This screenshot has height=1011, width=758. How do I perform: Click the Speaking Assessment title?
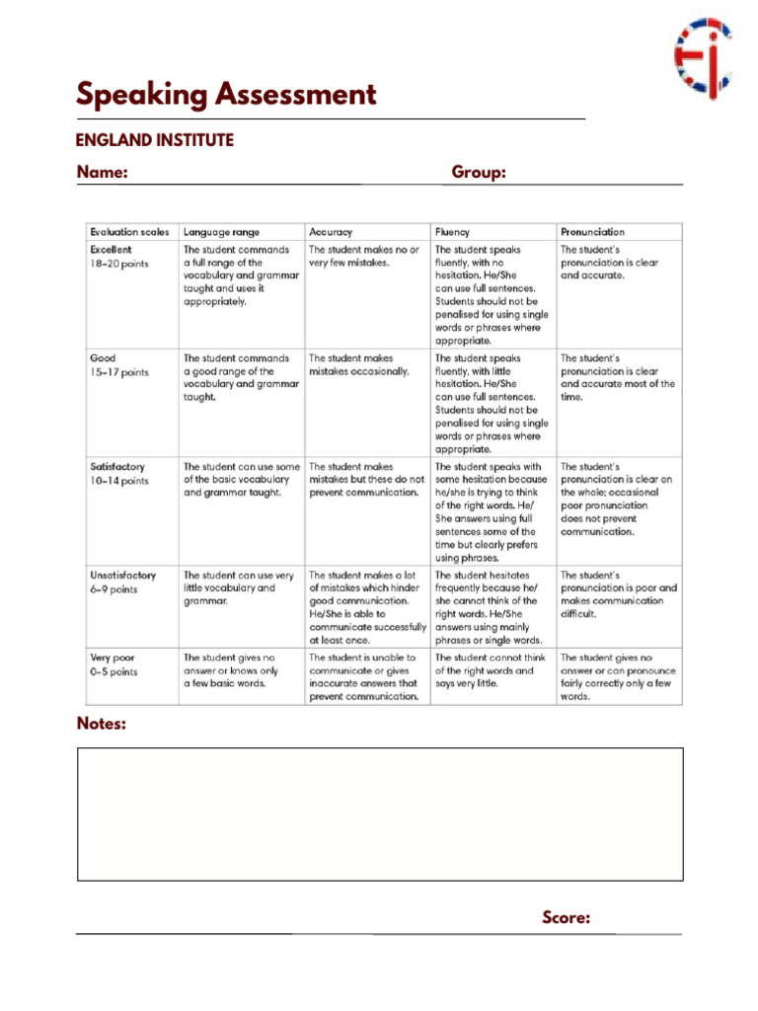226,96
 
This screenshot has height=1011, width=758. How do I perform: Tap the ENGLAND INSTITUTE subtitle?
155,140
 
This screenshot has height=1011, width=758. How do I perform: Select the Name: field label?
103,173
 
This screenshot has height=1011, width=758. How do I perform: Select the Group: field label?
479,173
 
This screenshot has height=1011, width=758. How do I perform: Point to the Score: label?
567,918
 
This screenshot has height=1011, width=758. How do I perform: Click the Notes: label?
102,724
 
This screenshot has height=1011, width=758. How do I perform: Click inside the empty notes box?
380,815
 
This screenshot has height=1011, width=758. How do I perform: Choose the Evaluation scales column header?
128,231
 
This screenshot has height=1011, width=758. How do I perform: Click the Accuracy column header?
331,231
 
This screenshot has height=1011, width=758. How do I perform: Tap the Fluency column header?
452,231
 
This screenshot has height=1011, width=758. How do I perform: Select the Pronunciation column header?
592,231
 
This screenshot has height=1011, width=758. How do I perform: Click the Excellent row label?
110,250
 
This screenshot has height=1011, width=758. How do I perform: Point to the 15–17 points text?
119,372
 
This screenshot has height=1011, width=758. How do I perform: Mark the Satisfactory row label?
116,466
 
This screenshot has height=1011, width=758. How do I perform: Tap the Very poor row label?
112,658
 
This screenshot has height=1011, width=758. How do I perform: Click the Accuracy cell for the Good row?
359,365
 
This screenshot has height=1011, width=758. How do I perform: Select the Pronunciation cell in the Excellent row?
609,263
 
